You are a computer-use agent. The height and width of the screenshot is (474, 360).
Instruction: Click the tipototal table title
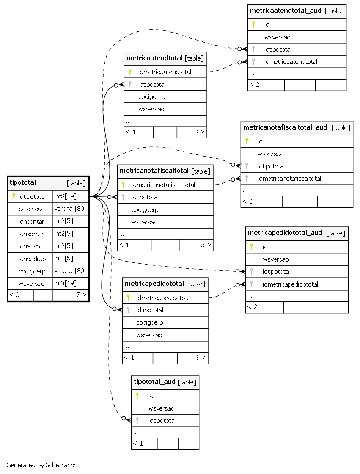[23, 182]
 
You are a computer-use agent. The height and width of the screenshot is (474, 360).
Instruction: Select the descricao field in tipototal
[31, 209]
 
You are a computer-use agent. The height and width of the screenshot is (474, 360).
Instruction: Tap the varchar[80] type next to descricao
[70, 209]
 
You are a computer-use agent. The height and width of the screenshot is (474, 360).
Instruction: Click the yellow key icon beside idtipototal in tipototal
[14, 196]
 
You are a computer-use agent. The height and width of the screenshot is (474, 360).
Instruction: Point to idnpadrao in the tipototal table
[32, 259]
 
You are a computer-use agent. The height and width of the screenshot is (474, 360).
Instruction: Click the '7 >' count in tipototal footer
[81, 295]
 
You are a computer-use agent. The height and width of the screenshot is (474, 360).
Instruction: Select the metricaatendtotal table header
[165, 58]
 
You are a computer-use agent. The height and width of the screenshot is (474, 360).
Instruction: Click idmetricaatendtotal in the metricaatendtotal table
[165, 72]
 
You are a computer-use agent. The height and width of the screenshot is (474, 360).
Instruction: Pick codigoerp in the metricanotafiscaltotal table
[145, 210]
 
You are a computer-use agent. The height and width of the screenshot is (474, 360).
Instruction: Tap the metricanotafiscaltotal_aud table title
[285, 127]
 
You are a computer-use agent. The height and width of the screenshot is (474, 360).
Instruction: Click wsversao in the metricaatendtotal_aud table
[277, 37]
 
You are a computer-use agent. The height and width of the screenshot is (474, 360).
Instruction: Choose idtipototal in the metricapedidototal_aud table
[276, 272]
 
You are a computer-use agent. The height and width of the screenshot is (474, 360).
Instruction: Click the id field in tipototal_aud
[151, 396]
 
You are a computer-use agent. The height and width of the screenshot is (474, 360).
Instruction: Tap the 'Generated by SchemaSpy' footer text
[42, 465]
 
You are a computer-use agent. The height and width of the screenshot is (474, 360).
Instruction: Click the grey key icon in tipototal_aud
[137, 421]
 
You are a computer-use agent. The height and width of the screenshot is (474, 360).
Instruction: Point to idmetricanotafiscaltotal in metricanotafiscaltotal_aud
[289, 179]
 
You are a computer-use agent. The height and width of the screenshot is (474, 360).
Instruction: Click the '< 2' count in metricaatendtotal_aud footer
[254, 85]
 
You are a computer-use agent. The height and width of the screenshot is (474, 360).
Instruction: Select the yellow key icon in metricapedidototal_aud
[251, 247]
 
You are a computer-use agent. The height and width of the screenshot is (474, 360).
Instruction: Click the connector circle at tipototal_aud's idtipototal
[124, 418]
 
